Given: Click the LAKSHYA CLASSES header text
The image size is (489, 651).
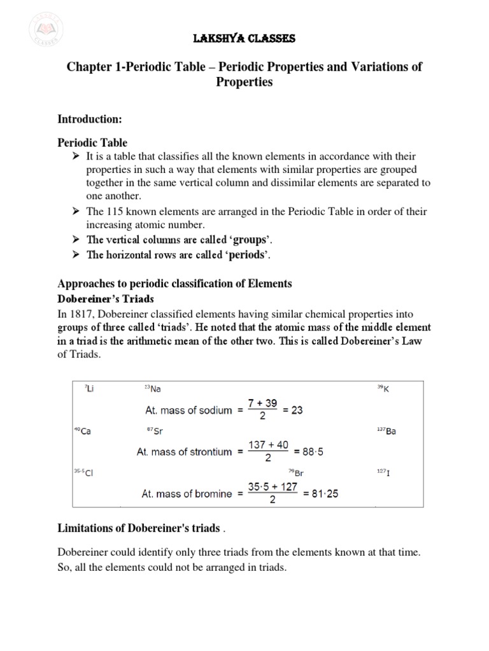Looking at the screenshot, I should [244, 39].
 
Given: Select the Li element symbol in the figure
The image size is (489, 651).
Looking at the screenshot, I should [89, 388].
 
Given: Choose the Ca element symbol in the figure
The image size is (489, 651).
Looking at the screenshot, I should [83, 430].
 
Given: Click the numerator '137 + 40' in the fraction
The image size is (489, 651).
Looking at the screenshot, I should [268, 444].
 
